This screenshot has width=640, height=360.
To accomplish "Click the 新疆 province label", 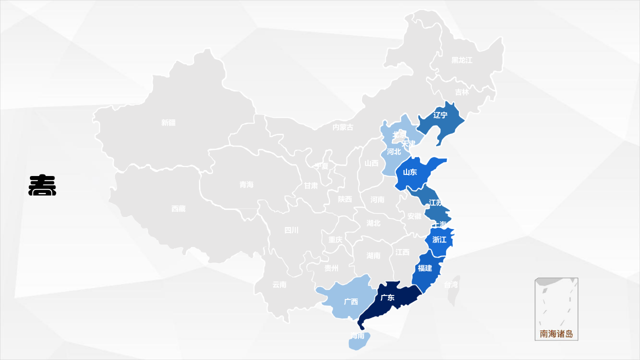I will click(168, 122).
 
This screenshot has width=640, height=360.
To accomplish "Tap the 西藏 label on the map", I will click(178, 208).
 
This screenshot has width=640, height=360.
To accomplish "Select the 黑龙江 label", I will click(461, 60).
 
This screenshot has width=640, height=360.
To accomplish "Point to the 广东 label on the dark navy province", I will click(387, 297).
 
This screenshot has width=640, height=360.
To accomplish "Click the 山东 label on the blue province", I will click(410, 172).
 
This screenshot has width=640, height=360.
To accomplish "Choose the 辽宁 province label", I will click(440, 115).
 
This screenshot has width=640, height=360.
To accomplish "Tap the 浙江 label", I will click(439, 239).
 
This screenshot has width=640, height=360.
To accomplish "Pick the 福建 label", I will click(425, 268).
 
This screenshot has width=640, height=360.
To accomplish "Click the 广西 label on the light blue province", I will click(351, 301).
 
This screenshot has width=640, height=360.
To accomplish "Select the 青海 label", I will click(246, 184).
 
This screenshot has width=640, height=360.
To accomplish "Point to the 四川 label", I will click(291, 230).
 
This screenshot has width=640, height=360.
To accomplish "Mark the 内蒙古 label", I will click(343, 127).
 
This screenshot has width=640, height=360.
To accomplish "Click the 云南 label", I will click(279, 284).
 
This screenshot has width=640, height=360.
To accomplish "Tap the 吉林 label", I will click(462, 92).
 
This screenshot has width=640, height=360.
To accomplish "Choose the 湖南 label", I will click(373, 255).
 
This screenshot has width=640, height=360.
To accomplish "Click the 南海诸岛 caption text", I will click(556, 334).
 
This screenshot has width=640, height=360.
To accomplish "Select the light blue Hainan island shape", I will click(359, 342).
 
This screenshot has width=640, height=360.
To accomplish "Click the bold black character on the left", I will click(42, 185).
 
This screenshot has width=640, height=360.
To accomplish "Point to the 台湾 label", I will click(451, 284).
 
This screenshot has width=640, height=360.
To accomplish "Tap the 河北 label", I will click(394, 151).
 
